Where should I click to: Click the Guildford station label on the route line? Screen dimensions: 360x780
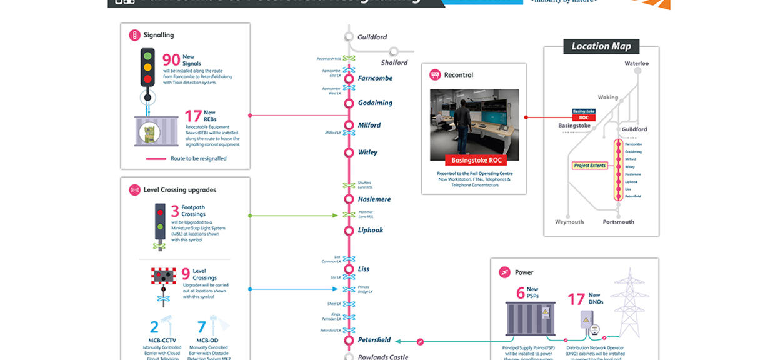coord(372,37)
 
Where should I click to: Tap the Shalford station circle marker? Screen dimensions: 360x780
coord(394,51)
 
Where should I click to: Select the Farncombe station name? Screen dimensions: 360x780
coord(375,79)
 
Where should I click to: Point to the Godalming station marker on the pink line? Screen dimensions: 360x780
coord(349,102)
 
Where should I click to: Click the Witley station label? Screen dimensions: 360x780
coord(367,152)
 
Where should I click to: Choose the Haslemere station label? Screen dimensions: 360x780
coord(374,199)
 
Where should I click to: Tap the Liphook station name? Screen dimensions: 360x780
coord(371,231)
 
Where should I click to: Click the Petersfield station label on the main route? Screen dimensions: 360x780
coord(374,340)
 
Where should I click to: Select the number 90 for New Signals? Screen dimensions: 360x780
coord(171,60)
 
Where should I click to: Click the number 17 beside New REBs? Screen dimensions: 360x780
coord(193,116)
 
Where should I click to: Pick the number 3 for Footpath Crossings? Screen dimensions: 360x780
coord(175,211)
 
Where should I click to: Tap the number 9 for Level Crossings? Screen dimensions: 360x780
coord(186,274)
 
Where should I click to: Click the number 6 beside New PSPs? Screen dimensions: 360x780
coord(520,294)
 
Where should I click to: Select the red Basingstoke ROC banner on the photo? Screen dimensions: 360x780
coord(476,161)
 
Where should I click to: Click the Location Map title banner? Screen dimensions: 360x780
coord(601,46)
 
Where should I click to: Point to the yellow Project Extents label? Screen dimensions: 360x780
coord(590,166)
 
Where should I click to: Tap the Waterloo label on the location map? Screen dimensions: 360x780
coord(636,64)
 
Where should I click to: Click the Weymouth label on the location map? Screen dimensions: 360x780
coord(569,222)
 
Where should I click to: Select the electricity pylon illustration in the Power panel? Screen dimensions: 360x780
coord(629,303)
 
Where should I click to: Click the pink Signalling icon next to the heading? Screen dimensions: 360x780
coord(134,36)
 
